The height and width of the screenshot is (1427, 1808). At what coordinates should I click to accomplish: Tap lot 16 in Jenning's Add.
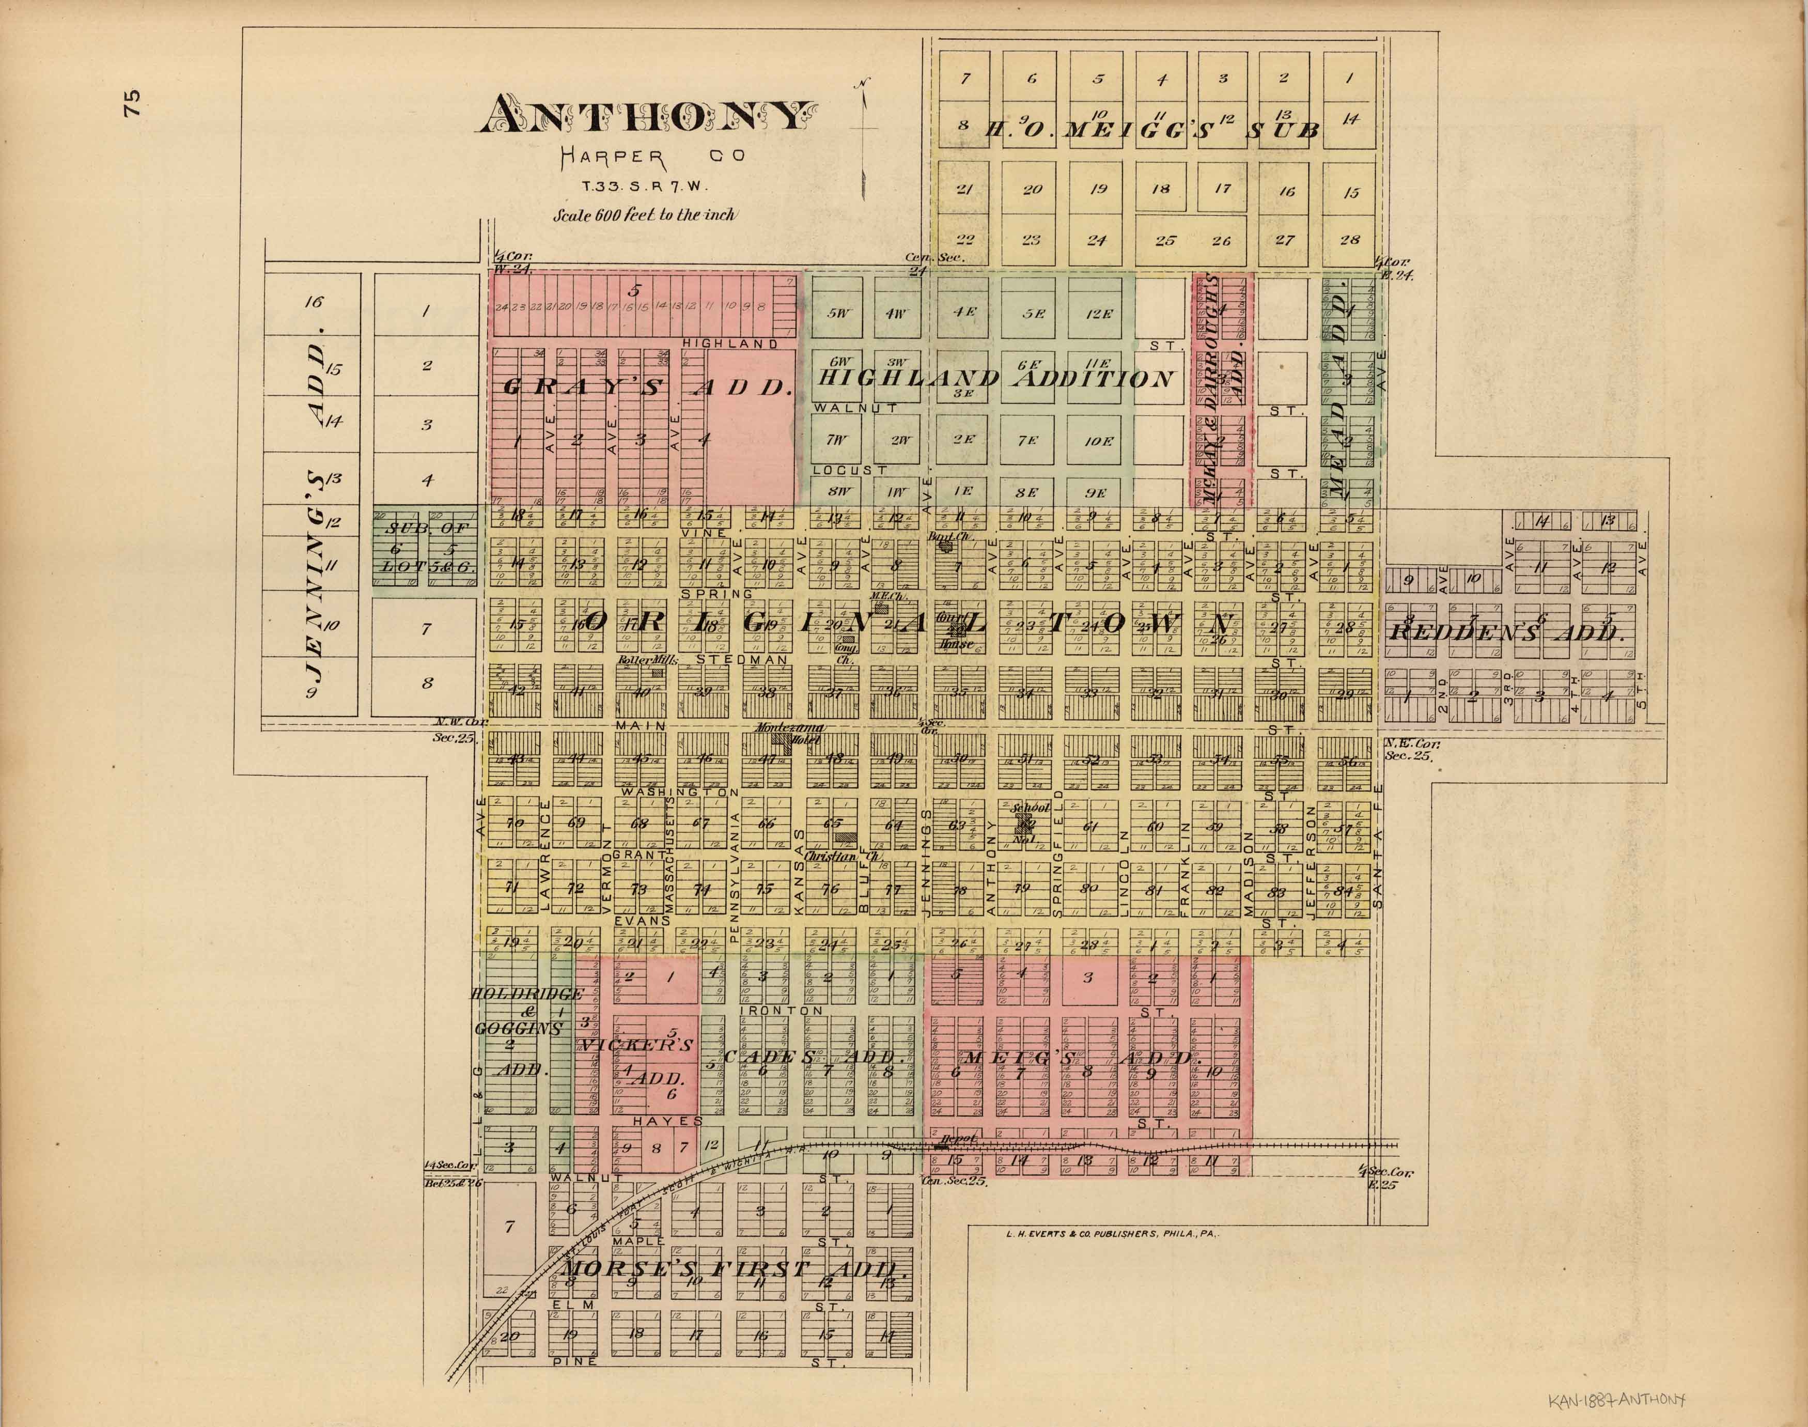313,302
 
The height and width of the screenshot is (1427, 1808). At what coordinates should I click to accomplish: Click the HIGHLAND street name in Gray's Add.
730,344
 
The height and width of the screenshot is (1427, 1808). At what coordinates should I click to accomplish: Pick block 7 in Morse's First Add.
509,1227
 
